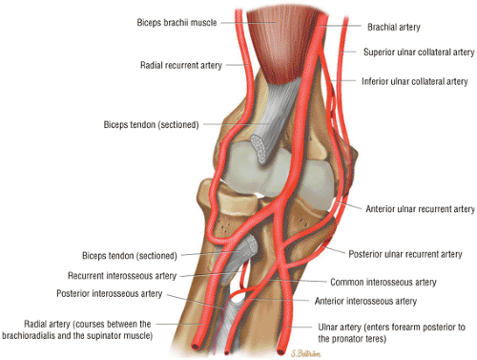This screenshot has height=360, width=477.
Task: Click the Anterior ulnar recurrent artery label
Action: click(419, 208)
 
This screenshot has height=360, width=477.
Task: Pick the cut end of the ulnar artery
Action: click(280, 347)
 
